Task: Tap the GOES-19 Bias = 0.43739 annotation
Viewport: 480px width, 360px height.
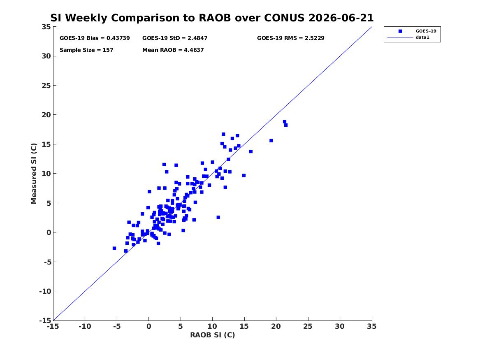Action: point(95,38)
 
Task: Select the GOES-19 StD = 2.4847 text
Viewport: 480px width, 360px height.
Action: point(175,38)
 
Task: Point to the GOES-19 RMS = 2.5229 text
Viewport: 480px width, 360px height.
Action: point(290,38)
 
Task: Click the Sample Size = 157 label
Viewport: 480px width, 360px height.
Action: point(86,50)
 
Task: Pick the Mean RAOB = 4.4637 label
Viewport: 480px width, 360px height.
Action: point(173,50)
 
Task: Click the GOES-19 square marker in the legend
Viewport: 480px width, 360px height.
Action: point(400,31)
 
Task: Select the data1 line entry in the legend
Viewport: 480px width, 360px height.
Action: point(400,37)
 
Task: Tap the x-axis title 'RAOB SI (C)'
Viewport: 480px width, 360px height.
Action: point(213,335)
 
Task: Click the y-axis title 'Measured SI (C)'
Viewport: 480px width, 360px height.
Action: point(34,174)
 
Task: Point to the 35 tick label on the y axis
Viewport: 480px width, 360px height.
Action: point(46,27)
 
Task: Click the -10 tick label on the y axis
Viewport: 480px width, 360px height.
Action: point(45,291)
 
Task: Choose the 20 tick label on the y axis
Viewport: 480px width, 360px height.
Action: point(46,115)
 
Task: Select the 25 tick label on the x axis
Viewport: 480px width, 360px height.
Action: point(308,326)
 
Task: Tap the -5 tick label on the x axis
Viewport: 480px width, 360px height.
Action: point(117,326)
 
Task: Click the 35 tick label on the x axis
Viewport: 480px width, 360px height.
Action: point(372,326)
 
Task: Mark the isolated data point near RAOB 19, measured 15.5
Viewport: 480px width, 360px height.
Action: point(271,141)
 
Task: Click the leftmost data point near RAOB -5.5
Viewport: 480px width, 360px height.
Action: point(114,248)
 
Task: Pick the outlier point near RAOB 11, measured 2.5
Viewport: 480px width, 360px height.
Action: point(218,217)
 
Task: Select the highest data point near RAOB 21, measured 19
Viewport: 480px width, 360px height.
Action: point(284,121)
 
